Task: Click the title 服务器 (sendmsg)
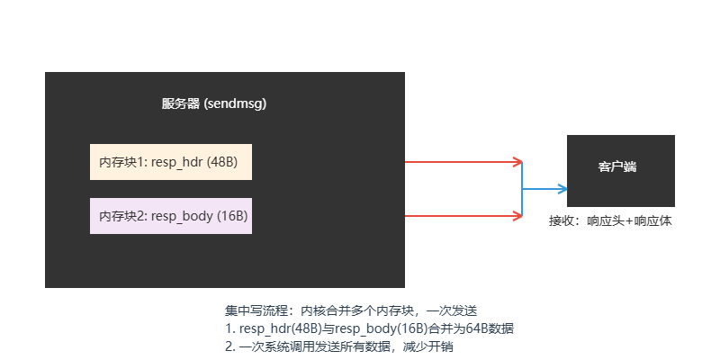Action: click(x=214, y=103)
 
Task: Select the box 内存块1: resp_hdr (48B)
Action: click(x=171, y=162)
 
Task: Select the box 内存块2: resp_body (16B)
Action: click(x=171, y=216)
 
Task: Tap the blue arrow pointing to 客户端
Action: click(x=544, y=189)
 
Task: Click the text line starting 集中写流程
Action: click(x=350, y=310)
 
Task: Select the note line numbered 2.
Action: click(x=346, y=346)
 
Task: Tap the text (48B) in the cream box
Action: click(x=222, y=162)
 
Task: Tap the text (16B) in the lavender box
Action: click(x=232, y=216)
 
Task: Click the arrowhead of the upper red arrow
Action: click(x=517, y=162)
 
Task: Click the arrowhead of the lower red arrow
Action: click(x=517, y=216)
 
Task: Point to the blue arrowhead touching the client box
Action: click(x=562, y=189)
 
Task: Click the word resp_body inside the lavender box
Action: click(x=182, y=216)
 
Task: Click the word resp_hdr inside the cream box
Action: click(x=176, y=162)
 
